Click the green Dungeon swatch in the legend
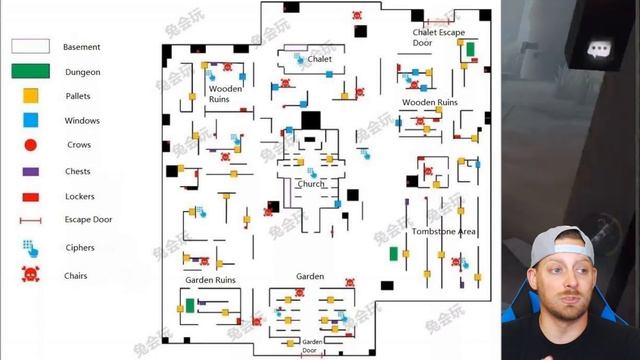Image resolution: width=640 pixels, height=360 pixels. click(x=31, y=71)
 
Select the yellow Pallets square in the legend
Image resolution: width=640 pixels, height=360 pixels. click(x=31, y=96)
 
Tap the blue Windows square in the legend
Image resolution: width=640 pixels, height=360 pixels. click(x=31, y=120)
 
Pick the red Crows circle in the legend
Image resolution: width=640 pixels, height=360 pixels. click(x=31, y=145)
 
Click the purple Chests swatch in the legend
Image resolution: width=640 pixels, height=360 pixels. click(x=31, y=171)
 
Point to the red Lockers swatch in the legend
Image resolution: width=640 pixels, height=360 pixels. click(x=31, y=197)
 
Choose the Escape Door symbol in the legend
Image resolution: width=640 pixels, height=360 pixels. click(x=31, y=220)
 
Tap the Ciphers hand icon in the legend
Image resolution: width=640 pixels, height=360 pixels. click(x=31, y=248)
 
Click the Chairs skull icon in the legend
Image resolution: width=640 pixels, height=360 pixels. click(x=31, y=274)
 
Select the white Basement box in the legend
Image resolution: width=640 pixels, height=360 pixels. click(x=31, y=46)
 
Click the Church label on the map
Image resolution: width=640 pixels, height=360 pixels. click(x=311, y=184)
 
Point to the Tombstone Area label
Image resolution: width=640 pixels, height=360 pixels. click(x=444, y=231)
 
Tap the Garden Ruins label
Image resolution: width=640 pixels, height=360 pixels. click(x=210, y=280)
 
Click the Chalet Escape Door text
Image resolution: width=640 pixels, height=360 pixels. click(x=438, y=37)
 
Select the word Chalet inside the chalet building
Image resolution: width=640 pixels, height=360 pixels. click(x=319, y=59)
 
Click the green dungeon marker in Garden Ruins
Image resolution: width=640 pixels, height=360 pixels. click(x=190, y=305)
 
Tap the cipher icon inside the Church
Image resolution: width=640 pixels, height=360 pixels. click(x=312, y=173)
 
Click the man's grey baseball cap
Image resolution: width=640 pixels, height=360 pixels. click(x=561, y=245)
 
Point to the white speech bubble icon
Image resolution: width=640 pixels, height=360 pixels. click(x=598, y=49)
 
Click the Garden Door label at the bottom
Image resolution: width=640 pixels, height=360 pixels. click(x=311, y=346)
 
